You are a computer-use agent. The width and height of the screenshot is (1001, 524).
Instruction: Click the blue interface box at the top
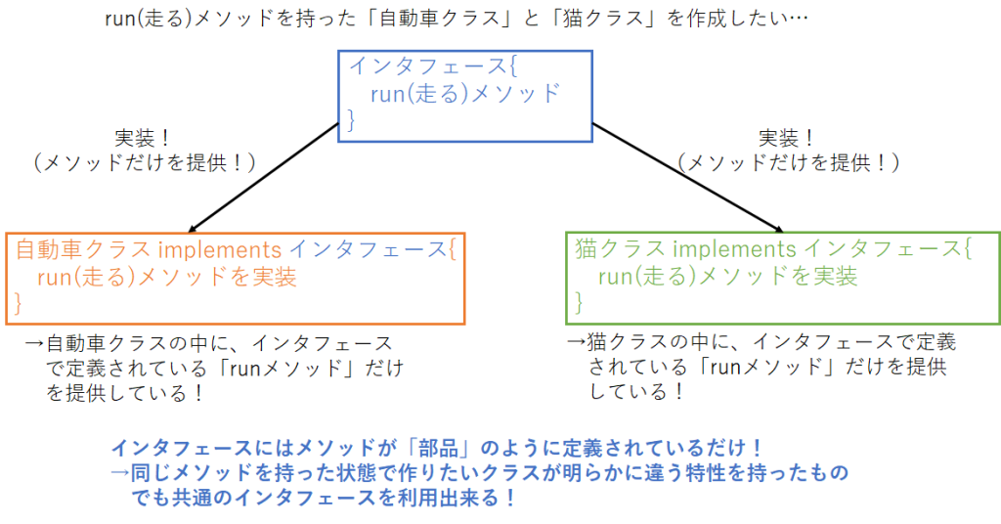(465, 95)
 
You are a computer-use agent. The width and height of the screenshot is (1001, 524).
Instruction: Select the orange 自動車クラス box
(235, 278)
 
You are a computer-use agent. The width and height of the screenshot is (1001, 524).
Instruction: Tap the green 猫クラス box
(782, 278)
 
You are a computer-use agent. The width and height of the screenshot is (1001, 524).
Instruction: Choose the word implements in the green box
(742, 249)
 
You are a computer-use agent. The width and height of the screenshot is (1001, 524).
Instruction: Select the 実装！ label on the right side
(787, 138)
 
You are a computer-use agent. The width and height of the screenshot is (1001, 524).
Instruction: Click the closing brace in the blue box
(353, 120)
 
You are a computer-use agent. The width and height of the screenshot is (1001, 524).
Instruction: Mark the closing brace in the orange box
(18, 304)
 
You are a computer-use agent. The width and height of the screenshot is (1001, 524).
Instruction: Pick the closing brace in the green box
(579, 304)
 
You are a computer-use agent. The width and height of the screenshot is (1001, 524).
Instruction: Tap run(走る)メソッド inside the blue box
(466, 94)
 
